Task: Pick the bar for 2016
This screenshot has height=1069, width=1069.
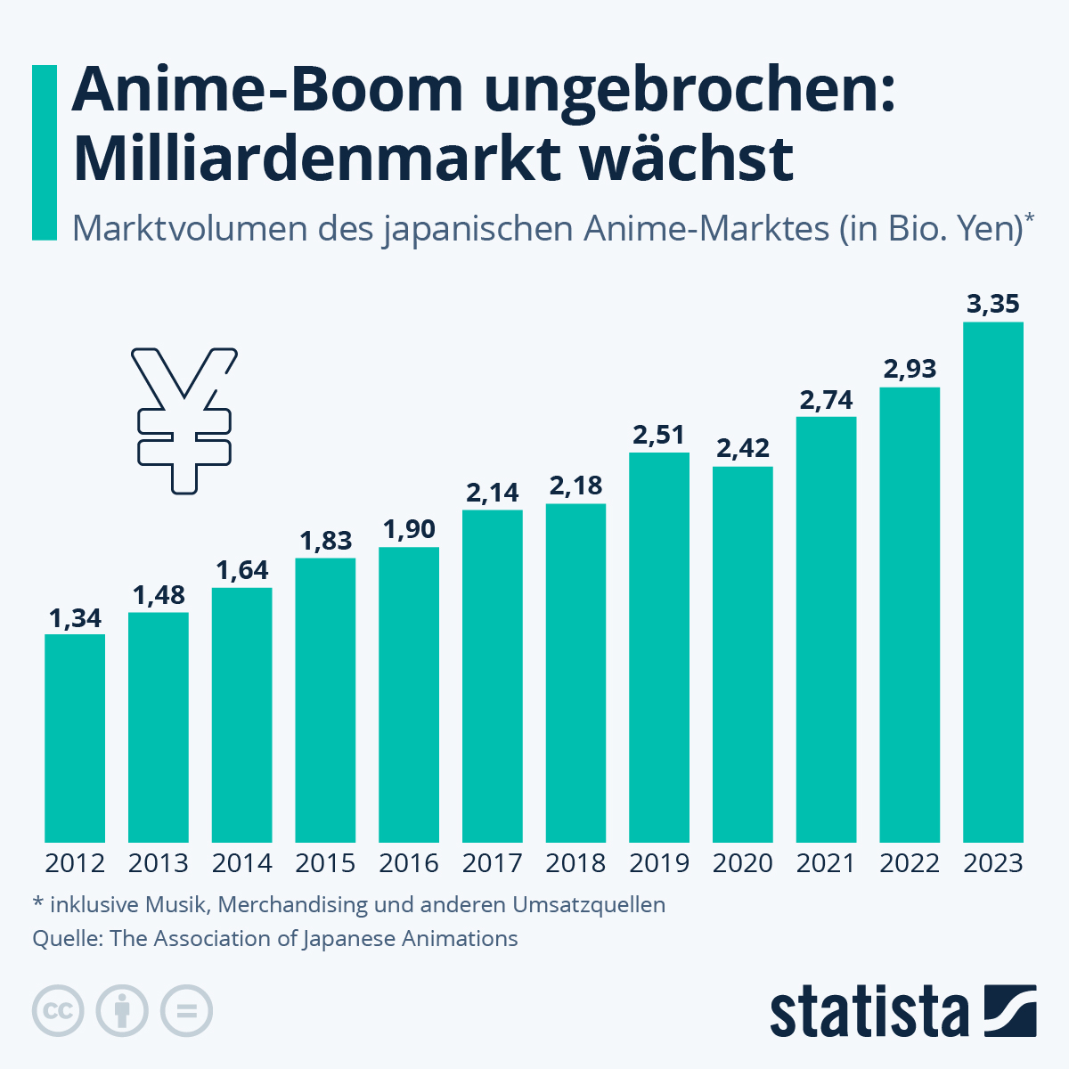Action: tap(409, 694)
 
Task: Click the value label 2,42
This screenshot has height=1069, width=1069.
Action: tap(743, 448)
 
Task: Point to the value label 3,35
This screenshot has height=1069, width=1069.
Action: tap(993, 304)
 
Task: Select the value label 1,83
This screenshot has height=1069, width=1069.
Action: tap(325, 541)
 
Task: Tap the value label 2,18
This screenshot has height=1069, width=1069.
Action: tap(575, 486)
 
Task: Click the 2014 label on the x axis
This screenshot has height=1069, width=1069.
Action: tap(242, 863)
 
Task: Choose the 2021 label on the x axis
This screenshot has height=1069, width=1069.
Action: tap(826, 863)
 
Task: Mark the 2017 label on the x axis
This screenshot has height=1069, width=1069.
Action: tap(493, 863)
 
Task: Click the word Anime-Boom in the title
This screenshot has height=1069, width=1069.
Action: tap(267, 90)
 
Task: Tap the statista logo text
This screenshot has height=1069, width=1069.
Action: tap(869, 1013)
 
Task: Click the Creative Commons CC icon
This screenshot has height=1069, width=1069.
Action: tap(58, 1011)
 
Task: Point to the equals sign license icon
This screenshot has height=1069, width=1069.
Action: tap(186, 1011)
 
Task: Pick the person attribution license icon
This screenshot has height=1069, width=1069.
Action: tap(122, 1011)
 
